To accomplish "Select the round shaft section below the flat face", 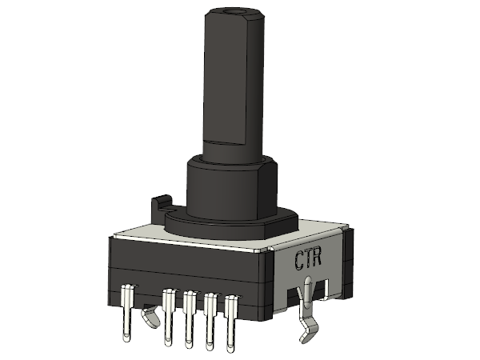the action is coord(233,151).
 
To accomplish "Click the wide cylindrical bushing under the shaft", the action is coord(232,188).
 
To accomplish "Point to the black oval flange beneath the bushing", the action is coord(231,224).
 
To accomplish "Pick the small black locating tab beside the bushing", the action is coord(162,209).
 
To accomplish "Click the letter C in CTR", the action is coord(300,260).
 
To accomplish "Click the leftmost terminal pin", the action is coord(126,312).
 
